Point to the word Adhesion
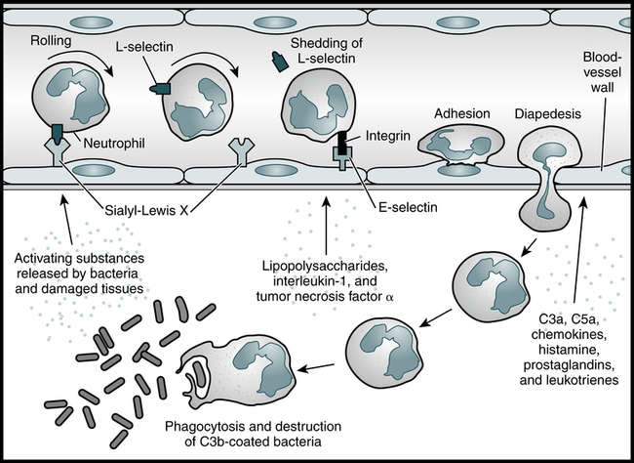click(x=461, y=113)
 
